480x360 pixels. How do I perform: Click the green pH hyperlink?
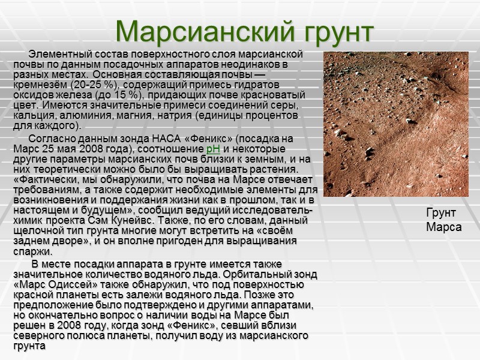point(212,149)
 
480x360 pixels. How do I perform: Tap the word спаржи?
point(31,252)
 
